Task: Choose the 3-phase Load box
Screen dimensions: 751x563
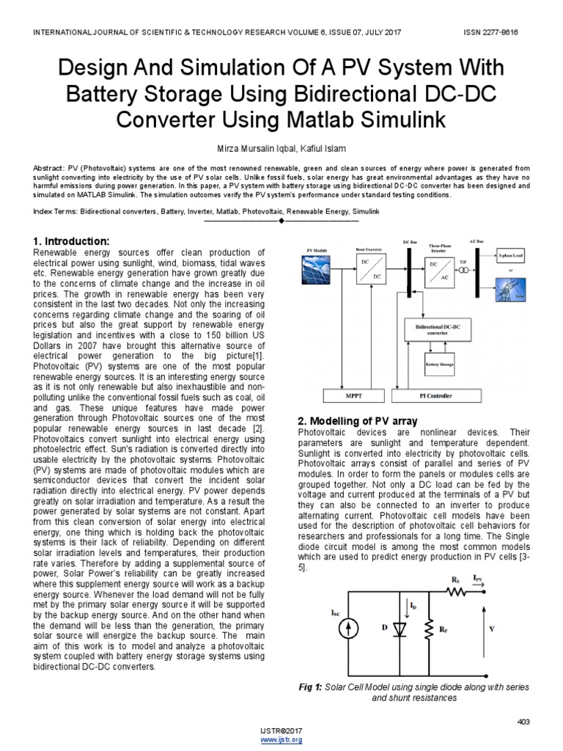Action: [x=511, y=256]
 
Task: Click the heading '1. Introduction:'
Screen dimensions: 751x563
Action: [x=72, y=241]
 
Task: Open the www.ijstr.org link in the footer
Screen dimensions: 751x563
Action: [x=281, y=740]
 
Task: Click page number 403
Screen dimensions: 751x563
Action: [x=523, y=722]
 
